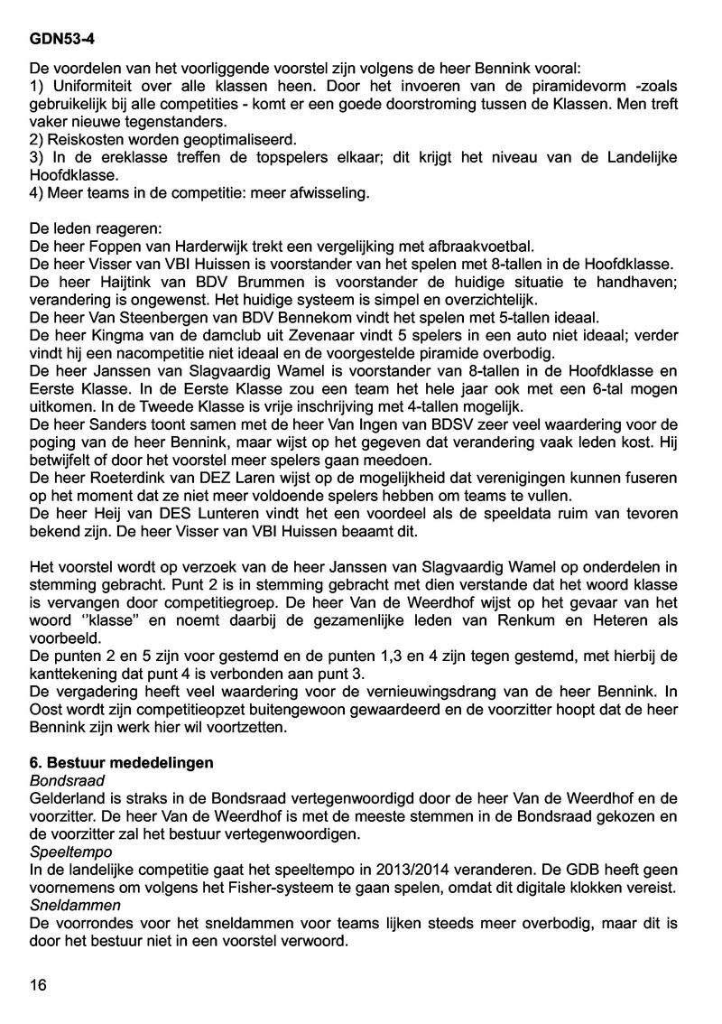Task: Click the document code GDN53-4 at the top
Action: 60,40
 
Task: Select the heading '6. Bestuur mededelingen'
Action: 122,763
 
